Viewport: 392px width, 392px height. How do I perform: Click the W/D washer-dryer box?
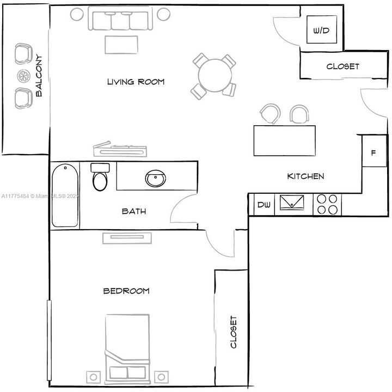point(322,29)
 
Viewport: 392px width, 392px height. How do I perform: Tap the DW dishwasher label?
point(264,205)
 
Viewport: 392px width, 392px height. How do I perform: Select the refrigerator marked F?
point(374,151)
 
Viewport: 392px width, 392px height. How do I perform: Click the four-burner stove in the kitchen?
point(327,204)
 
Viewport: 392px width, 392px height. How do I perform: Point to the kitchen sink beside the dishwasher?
point(291,202)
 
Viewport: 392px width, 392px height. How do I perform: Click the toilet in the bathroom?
point(100,177)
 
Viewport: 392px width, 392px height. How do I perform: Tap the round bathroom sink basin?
point(156,178)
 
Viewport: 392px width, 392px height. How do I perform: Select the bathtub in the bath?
point(65,195)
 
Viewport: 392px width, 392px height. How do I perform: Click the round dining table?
point(215,75)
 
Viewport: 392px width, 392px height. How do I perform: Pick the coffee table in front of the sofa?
point(121,45)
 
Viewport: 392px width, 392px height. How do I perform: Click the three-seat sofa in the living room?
point(120,18)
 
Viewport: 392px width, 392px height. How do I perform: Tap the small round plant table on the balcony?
point(24,76)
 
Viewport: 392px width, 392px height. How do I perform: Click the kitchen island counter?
point(285,140)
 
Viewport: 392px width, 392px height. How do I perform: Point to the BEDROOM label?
point(126,291)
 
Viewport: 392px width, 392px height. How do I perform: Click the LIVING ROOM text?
point(136,82)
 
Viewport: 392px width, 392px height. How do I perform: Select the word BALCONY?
point(39,76)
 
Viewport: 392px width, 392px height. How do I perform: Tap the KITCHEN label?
point(305,176)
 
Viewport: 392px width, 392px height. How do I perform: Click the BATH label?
point(134,211)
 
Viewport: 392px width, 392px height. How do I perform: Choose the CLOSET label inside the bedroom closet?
point(233,332)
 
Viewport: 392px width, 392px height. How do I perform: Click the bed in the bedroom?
point(127,349)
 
